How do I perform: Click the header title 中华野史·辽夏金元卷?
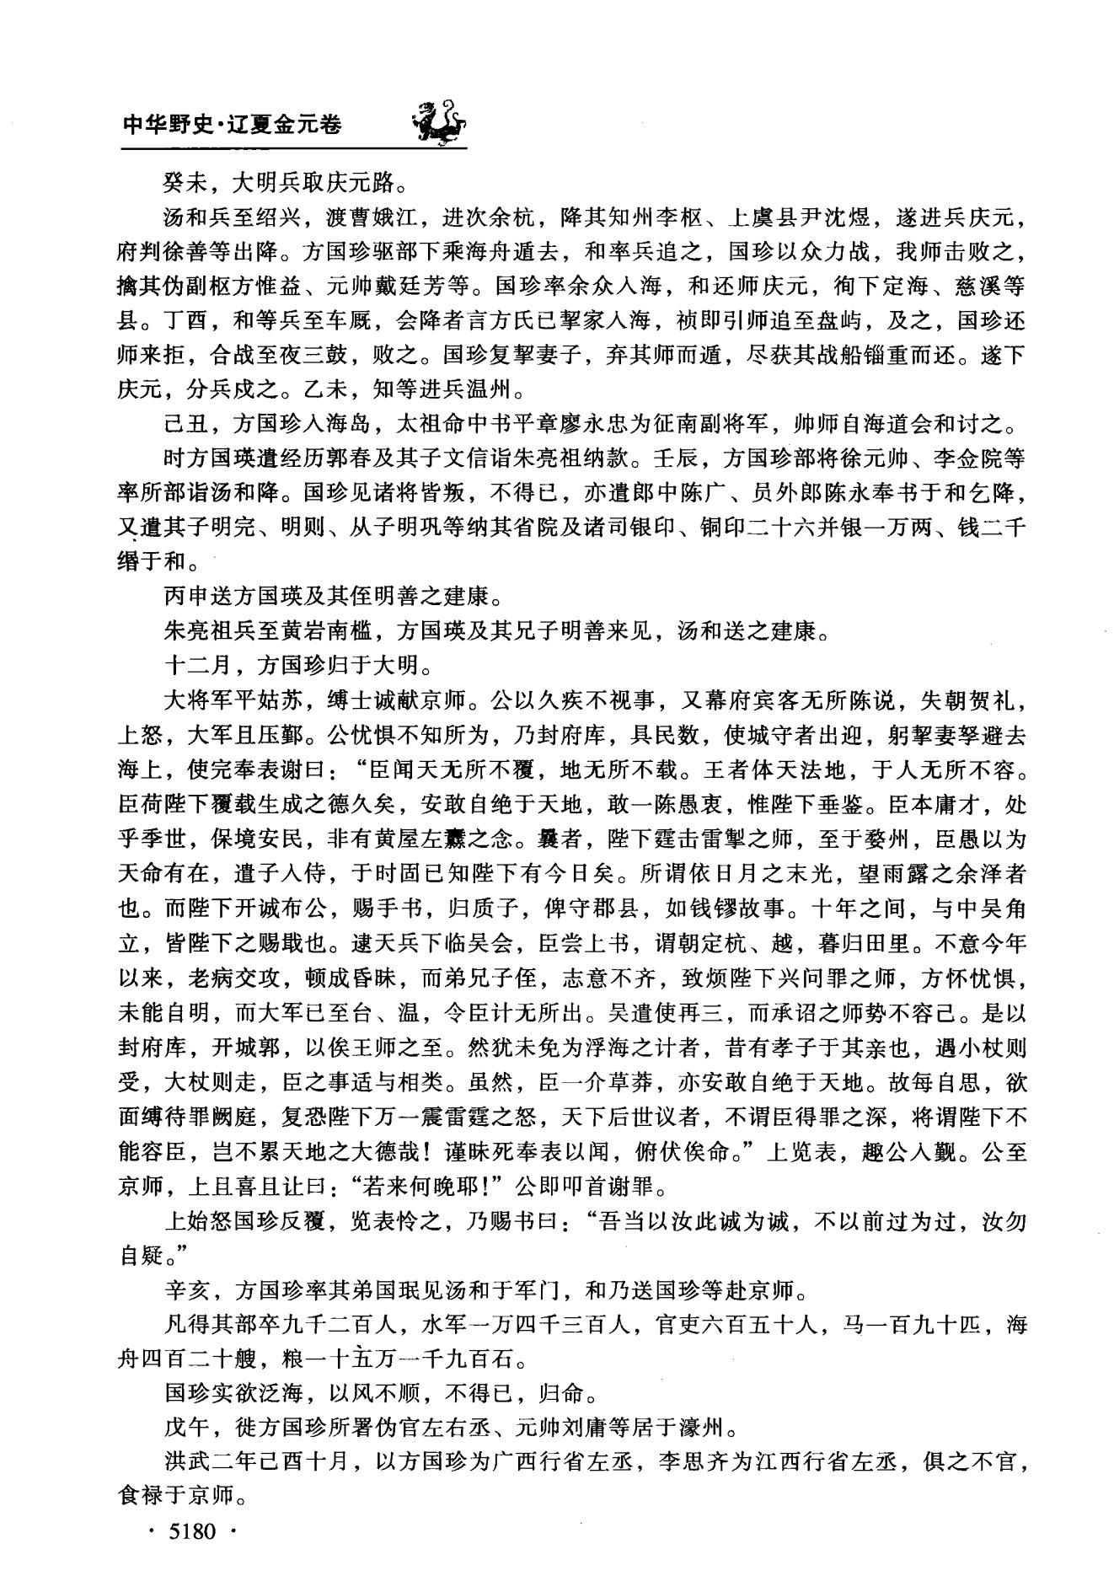pyautogui.click(x=233, y=125)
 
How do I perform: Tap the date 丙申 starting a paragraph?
pyautogui.click(x=185, y=597)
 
